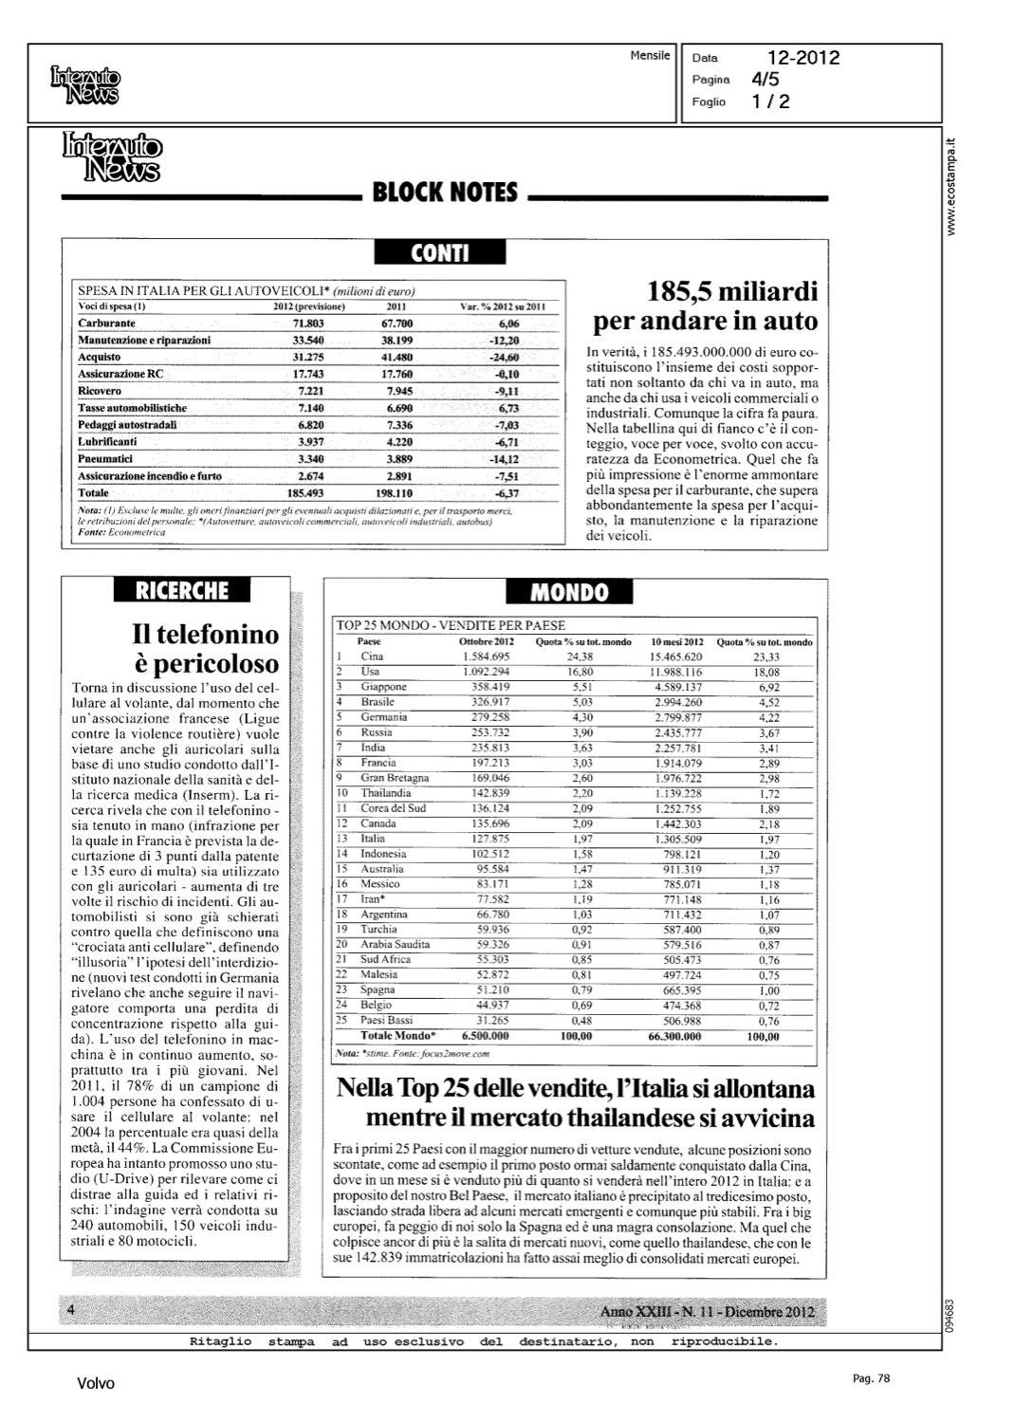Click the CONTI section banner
[x=440, y=252]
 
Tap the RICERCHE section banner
[x=181, y=590]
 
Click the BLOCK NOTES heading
[x=445, y=194]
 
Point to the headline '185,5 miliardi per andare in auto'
[x=705, y=306]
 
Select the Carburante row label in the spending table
[x=106, y=323]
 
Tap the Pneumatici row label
[x=105, y=459]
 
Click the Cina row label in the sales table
[x=372, y=656]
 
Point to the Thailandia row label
[x=386, y=793]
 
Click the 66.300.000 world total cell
[x=674, y=1037]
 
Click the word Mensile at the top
[x=650, y=56]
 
